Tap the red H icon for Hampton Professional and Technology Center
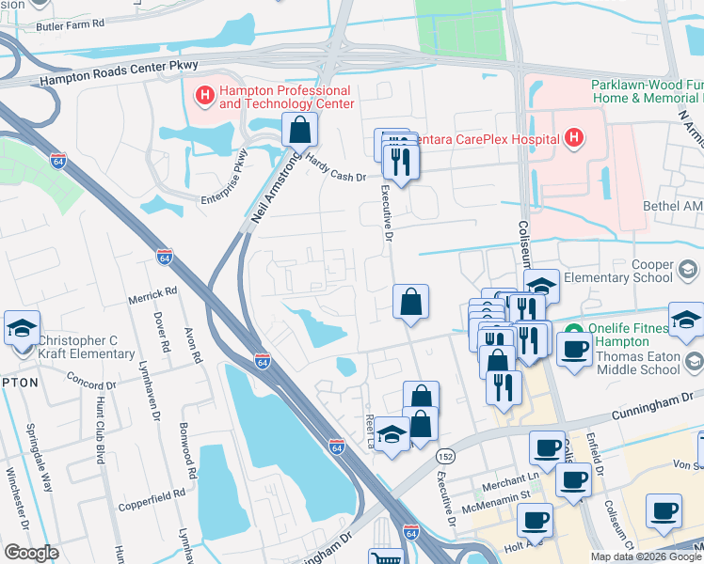[x=203, y=95]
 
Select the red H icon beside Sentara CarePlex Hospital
[x=574, y=140]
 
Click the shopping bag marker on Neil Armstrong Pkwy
[x=299, y=131]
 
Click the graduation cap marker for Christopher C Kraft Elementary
[x=22, y=328]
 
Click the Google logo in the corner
[x=30, y=553]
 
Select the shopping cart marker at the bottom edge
[x=381, y=558]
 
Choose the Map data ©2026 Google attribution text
[x=646, y=556]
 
